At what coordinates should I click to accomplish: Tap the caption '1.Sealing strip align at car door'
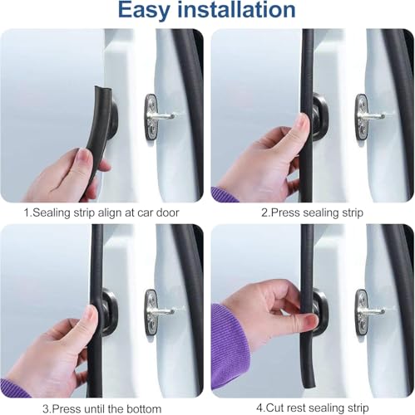pos(102,212)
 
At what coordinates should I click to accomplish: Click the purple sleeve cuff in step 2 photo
pos(223,194)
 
